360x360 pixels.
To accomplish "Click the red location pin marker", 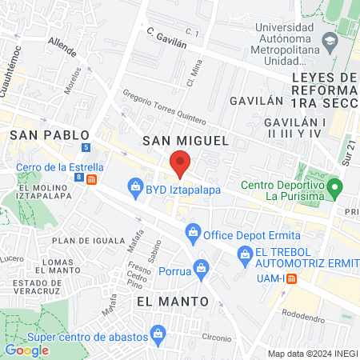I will [179, 165].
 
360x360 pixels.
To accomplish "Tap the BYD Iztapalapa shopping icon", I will [135, 189].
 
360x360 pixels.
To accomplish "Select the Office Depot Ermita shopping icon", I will [192, 234].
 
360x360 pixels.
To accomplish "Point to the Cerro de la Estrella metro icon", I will [92, 179].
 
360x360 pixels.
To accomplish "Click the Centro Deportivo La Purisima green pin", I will [337, 190].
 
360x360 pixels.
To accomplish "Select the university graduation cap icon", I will [329, 41].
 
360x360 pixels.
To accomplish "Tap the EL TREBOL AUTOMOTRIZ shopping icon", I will [245, 257].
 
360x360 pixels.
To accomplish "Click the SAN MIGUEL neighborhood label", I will [186, 141].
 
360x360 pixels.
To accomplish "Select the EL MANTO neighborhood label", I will [172, 301].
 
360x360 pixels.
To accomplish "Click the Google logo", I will [26, 350].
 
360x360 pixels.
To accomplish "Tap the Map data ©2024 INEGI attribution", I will [312, 354].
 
